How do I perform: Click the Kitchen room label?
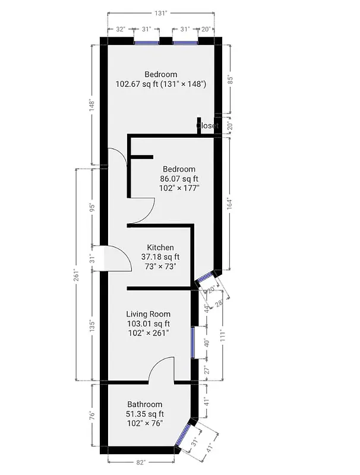[160, 248]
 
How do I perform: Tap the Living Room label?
[148, 314]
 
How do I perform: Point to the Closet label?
[207, 126]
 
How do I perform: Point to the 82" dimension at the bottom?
[140, 461]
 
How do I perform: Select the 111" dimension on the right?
[222, 335]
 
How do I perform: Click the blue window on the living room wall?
[192, 343]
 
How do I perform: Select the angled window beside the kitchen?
[205, 278]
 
